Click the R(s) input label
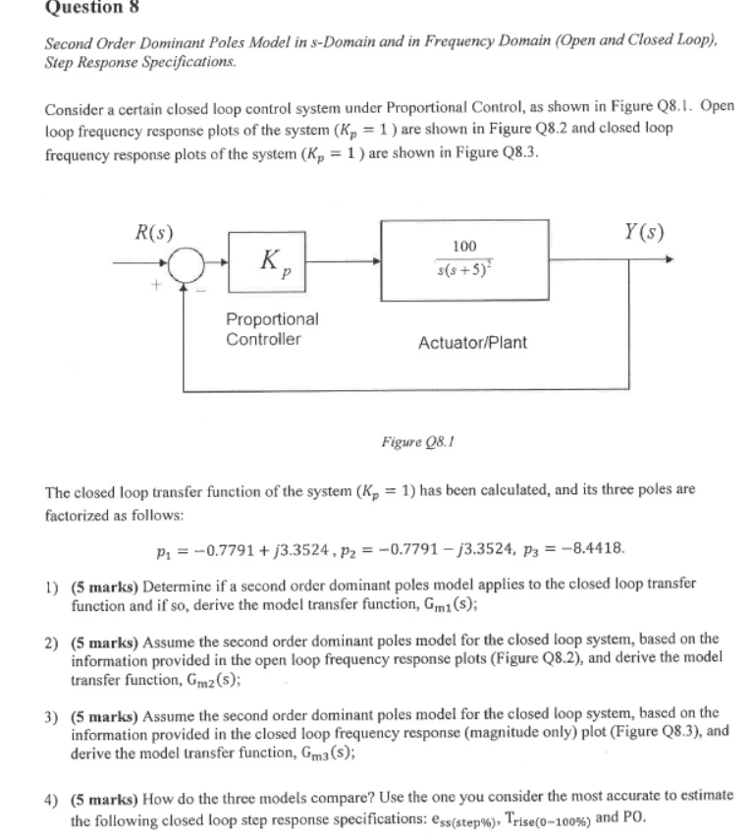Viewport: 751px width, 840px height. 154,235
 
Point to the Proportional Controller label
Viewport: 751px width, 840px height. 272,329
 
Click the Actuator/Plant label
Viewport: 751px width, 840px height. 471,343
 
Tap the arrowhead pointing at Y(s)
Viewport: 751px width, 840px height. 671,261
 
